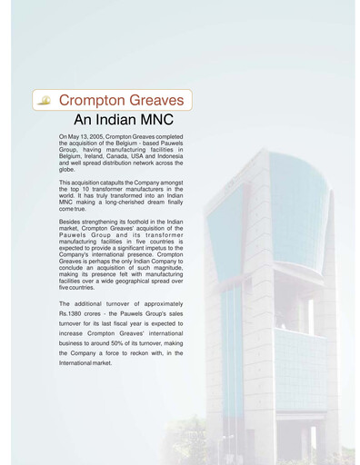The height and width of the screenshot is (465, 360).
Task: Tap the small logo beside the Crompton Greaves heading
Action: coord(45,99)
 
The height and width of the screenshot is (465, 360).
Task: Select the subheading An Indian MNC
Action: coord(123,120)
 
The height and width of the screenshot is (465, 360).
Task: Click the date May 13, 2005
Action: coord(85,136)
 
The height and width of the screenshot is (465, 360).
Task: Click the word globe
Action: coord(67,168)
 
